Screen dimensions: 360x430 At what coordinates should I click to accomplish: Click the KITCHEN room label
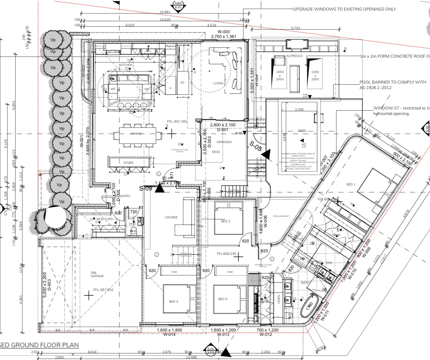(126, 65)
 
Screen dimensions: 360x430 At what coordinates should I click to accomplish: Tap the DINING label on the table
(136, 134)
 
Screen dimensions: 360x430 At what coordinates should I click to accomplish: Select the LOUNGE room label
(171, 217)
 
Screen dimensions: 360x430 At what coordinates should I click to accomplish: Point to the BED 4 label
(174, 301)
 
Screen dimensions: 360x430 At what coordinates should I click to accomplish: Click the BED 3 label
(223, 299)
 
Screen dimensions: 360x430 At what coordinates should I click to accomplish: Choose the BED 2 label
(226, 221)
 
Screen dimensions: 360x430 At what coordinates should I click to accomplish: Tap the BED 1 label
(350, 184)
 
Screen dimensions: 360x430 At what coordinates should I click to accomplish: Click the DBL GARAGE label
(95, 274)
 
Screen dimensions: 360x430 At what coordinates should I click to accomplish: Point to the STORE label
(128, 163)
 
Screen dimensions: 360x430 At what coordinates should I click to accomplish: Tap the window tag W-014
(169, 334)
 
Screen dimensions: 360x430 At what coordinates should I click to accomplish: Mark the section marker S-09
(146, 189)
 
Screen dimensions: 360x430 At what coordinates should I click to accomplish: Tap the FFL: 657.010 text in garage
(103, 290)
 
